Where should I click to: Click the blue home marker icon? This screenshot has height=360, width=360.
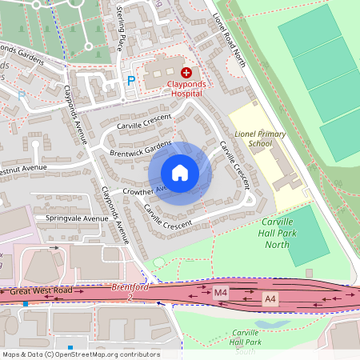180,173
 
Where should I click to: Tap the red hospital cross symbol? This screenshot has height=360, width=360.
186,73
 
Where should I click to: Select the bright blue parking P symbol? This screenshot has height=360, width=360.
131,80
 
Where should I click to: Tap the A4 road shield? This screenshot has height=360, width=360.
272,298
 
